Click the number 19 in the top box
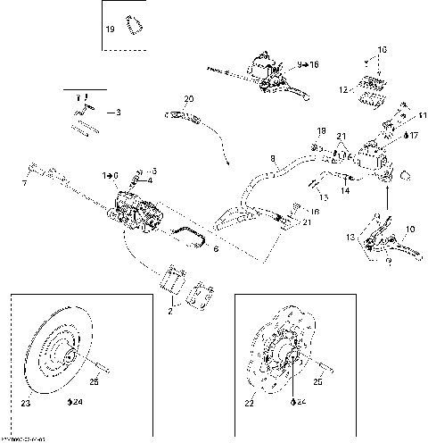[x=111, y=29]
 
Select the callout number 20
[x=188, y=98]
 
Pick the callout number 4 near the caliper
[x=150, y=180]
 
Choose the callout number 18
[x=322, y=130]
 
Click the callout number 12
[x=342, y=89]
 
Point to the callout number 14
[x=346, y=189]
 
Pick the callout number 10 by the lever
[x=410, y=230]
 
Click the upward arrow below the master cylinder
[x=387, y=189]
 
